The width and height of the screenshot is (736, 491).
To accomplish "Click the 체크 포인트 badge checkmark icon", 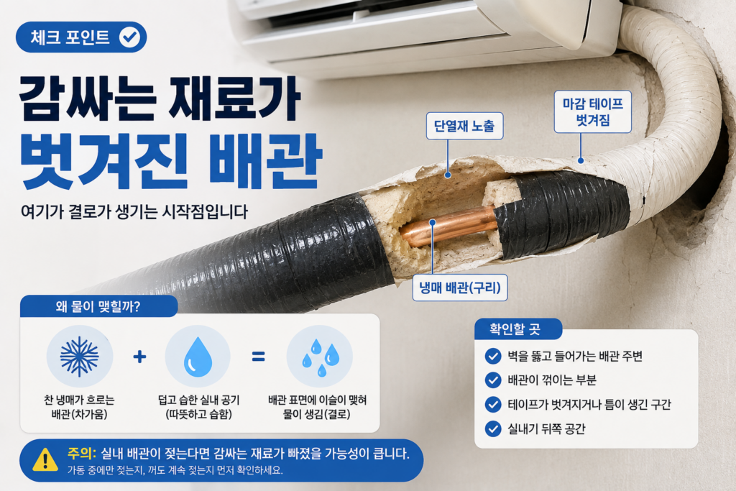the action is pyautogui.click(x=129, y=37).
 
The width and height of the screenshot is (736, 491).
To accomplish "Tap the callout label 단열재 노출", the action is pyautogui.click(x=464, y=126).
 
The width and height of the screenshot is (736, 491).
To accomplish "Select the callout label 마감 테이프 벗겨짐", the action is pyautogui.click(x=592, y=111).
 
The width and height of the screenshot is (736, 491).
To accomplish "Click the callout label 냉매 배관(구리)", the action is pyautogui.click(x=460, y=288).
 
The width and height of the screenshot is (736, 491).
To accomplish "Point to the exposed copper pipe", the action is pyautogui.click(x=448, y=226).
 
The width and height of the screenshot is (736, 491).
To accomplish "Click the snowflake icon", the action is pyautogui.click(x=79, y=357).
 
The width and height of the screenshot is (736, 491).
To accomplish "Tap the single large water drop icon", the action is pyautogui.click(x=198, y=357).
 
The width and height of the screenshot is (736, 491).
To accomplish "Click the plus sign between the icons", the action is pyautogui.click(x=139, y=357).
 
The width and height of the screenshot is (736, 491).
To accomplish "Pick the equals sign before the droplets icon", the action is pyautogui.click(x=258, y=357).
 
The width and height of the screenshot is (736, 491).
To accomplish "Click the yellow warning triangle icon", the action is pyautogui.click(x=45, y=460).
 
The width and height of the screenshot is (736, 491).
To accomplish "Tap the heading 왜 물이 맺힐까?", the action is pyautogui.click(x=98, y=307).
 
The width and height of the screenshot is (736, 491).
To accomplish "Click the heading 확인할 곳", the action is pyautogui.click(x=515, y=329).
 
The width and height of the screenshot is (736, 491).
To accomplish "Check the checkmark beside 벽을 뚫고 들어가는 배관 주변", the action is pyautogui.click(x=493, y=357).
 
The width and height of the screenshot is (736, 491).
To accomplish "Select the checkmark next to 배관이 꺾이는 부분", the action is pyautogui.click(x=493, y=380).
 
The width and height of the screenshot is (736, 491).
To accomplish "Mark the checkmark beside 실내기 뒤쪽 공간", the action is pyautogui.click(x=493, y=428).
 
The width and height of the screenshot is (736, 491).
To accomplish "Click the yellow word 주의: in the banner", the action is pyautogui.click(x=81, y=454).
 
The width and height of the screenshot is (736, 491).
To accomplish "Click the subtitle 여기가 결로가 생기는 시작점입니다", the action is pyautogui.click(x=134, y=211).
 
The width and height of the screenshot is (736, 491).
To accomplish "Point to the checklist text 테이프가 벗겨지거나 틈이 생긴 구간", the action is pyautogui.click(x=589, y=404).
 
